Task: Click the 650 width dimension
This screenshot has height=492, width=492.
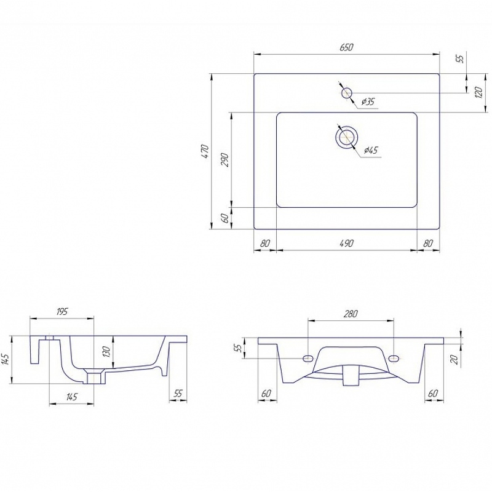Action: coord(346,47)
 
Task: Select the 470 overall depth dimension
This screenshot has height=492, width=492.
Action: coord(205,151)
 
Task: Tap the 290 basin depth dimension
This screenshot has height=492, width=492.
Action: coord(225,160)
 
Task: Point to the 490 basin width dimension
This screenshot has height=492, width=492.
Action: coord(346,243)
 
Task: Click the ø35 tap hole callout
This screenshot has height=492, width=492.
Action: coord(368,101)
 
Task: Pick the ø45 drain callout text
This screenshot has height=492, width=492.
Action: coord(371,151)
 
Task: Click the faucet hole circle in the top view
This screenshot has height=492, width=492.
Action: coord(347,93)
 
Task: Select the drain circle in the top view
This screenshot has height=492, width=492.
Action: coord(346,137)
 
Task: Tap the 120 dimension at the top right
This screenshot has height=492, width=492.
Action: coord(478,93)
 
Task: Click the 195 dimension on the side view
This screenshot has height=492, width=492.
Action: coord(62,312)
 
